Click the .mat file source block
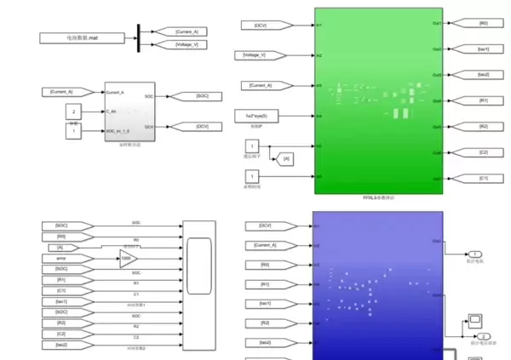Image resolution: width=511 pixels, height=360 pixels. click(83, 37)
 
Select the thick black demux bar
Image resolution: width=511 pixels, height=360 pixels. click(139, 37)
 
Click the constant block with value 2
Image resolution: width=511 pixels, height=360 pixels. click(74, 111)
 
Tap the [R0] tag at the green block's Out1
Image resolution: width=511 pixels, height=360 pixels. click(481, 23)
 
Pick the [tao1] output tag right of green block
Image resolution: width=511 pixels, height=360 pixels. click(481, 49)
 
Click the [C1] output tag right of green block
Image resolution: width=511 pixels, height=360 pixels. click(481, 178)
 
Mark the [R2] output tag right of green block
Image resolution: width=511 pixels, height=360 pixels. click(481, 126)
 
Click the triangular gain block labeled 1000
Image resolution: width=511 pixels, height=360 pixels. click(126, 258)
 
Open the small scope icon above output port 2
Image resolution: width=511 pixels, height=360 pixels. click(475, 321)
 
